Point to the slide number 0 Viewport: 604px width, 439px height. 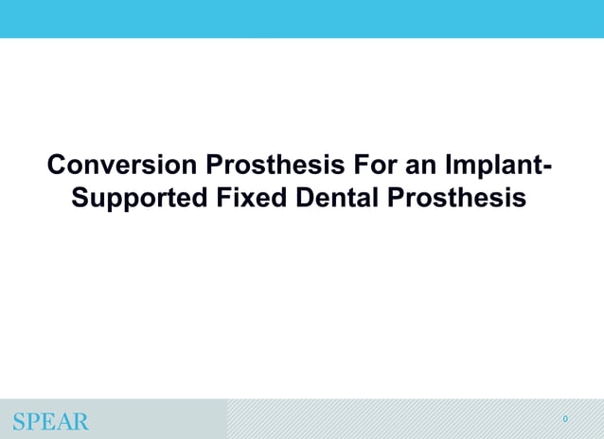pyautogui.click(x=565, y=419)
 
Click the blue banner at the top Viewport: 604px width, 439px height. pyautogui.click(x=302, y=19)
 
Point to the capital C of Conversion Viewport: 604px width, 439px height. pyautogui.click(x=58, y=166)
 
